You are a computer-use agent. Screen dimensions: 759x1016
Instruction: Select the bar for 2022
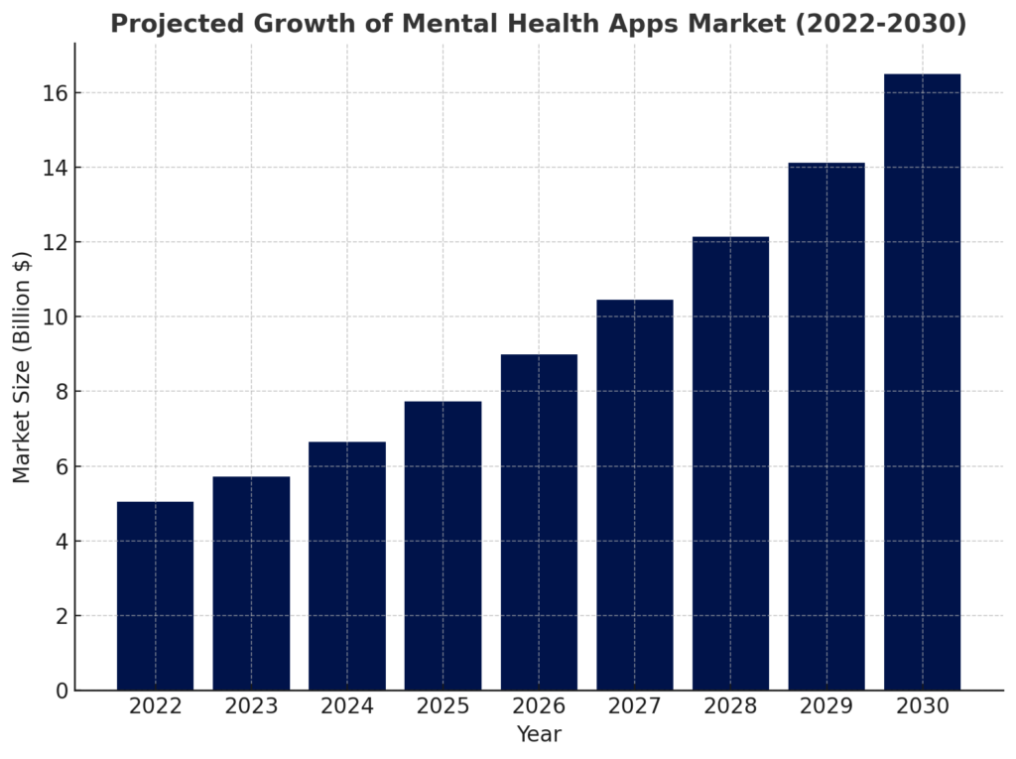tap(155, 595)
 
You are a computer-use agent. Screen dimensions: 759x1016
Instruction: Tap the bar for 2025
tap(443, 546)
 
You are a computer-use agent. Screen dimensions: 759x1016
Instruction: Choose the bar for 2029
tap(826, 427)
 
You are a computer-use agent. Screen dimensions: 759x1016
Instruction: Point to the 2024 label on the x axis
tap(347, 706)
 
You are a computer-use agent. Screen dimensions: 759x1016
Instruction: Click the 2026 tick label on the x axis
tap(539, 706)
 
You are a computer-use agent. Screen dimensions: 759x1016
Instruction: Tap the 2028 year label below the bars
tap(730, 706)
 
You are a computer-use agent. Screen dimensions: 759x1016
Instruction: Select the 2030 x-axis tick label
tap(923, 706)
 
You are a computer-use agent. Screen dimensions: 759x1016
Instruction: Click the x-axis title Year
tap(539, 735)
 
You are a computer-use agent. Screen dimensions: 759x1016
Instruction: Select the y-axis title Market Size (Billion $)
tap(22, 367)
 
